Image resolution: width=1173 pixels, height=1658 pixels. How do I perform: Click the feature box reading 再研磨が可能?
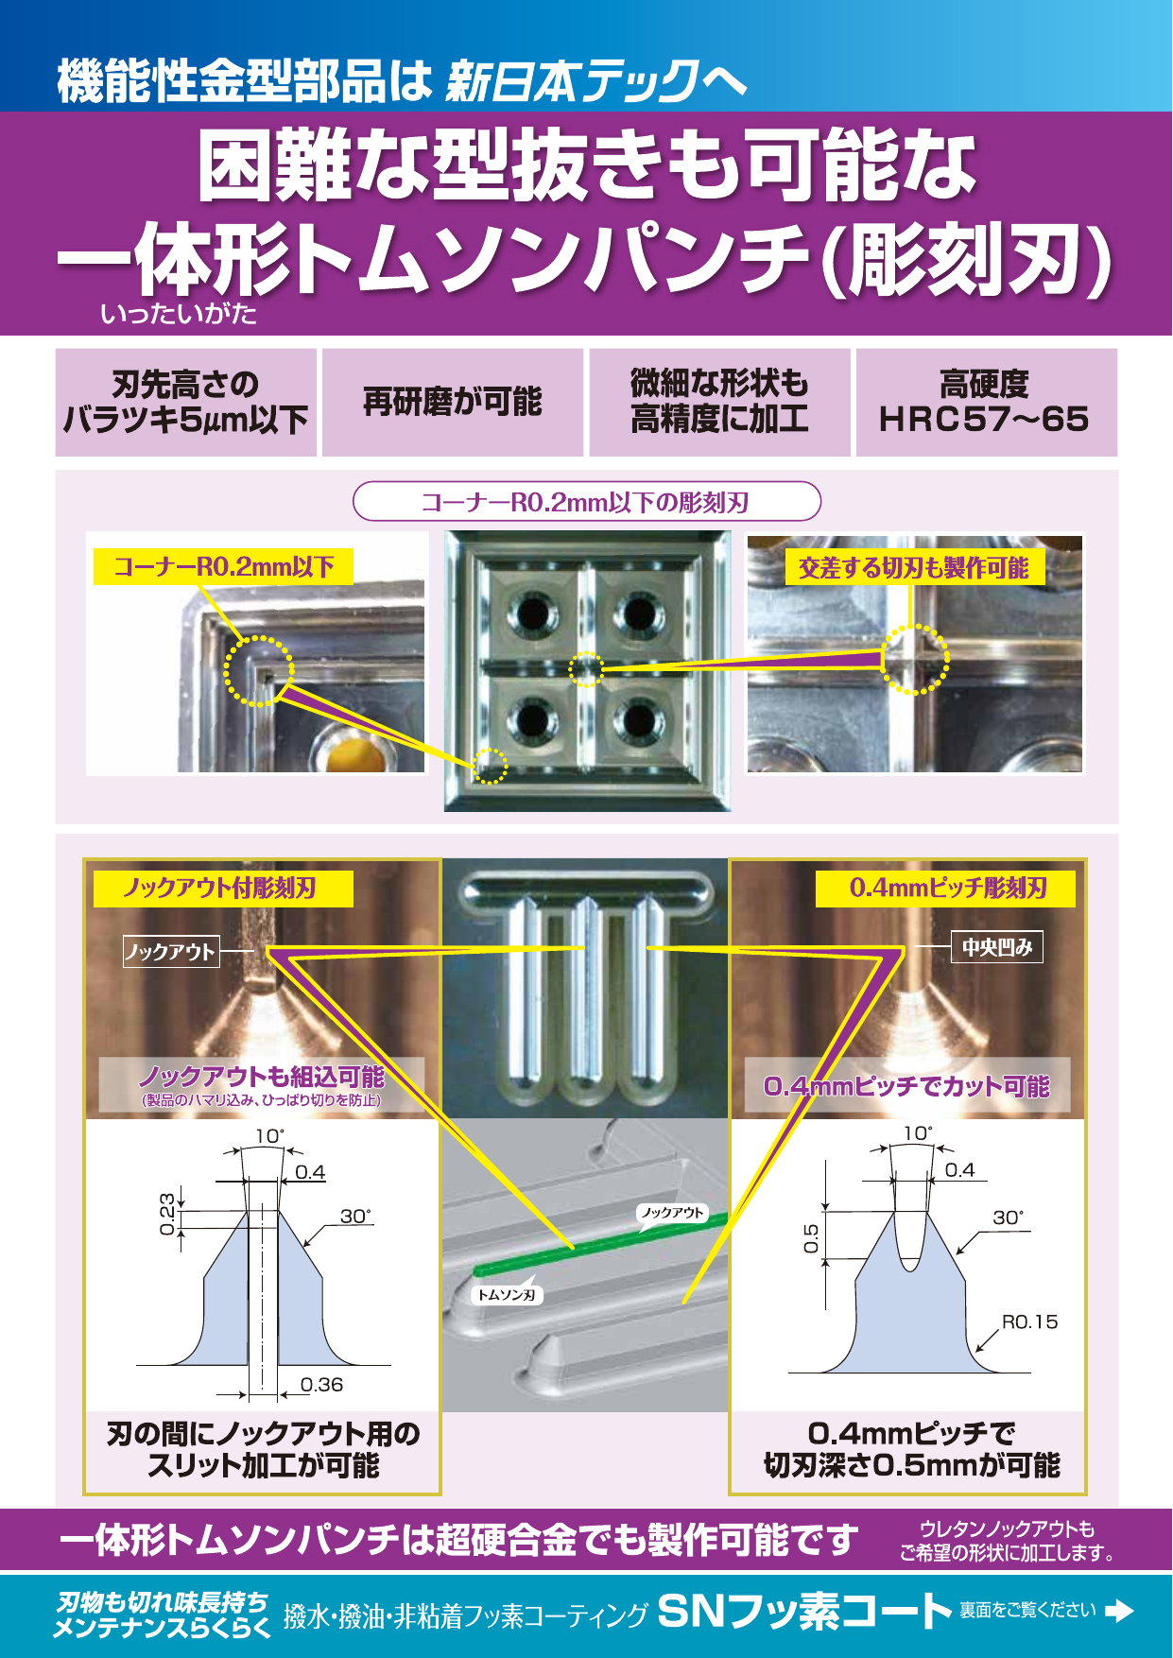[x=452, y=403]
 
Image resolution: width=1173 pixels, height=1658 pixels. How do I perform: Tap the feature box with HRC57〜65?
[x=986, y=403]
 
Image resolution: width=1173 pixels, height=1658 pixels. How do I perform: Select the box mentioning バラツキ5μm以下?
[x=186, y=403]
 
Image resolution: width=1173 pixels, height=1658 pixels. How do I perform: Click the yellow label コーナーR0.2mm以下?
[x=223, y=567]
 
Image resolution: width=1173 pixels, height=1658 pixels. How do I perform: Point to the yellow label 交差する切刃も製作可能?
[x=913, y=568]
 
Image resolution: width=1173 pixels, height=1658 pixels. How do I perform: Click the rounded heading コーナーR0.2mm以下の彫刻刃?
[x=586, y=502]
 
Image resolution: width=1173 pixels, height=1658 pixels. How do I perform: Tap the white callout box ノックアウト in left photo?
[x=171, y=951]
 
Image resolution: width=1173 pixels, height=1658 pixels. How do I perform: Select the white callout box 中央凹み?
[x=996, y=947]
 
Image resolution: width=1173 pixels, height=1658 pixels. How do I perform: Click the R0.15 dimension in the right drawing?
[x=1029, y=1321]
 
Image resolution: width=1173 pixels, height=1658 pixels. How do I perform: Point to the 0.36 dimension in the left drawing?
[x=321, y=1385]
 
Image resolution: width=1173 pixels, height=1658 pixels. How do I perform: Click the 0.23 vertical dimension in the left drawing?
[x=167, y=1214]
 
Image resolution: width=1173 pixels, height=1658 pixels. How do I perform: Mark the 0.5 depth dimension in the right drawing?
[x=811, y=1237]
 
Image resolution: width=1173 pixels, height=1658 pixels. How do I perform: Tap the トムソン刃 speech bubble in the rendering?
[x=507, y=1295]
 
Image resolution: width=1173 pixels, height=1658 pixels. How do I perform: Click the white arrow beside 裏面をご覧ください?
[x=1119, y=1611]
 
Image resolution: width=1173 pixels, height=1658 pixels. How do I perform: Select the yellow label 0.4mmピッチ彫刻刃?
[x=946, y=889]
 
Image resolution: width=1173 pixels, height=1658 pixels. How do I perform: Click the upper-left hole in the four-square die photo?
[x=532, y=615]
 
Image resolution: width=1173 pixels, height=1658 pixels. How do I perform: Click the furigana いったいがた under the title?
[x=179, y=314]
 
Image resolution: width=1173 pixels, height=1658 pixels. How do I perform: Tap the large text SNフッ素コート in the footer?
[x=804, y=1611]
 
